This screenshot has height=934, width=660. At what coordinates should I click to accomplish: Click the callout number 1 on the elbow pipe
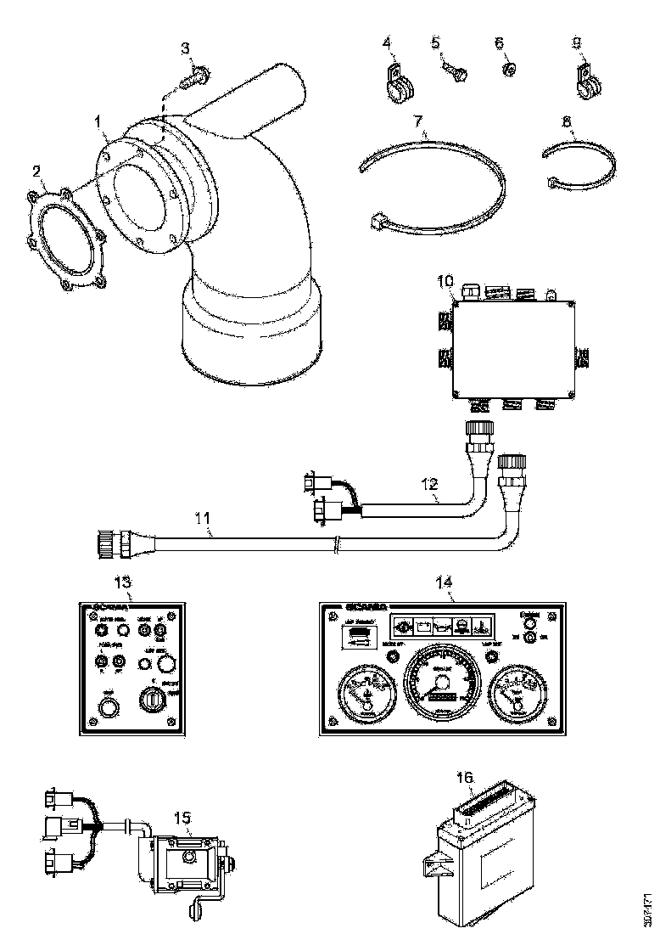[x=99, y=124]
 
